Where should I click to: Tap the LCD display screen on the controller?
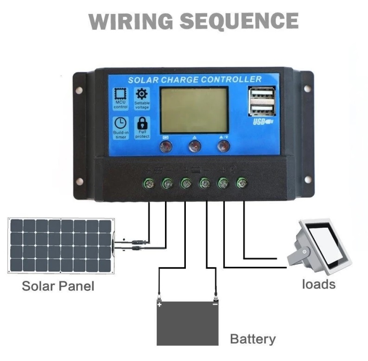coord(194,110)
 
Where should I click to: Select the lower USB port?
coord(261,110)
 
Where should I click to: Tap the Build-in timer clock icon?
coord(120,123)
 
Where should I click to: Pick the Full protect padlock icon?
coord(142,123)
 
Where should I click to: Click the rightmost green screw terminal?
coord(241,183)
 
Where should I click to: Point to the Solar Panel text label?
coord(58,286)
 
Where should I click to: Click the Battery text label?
coord(253,339)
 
